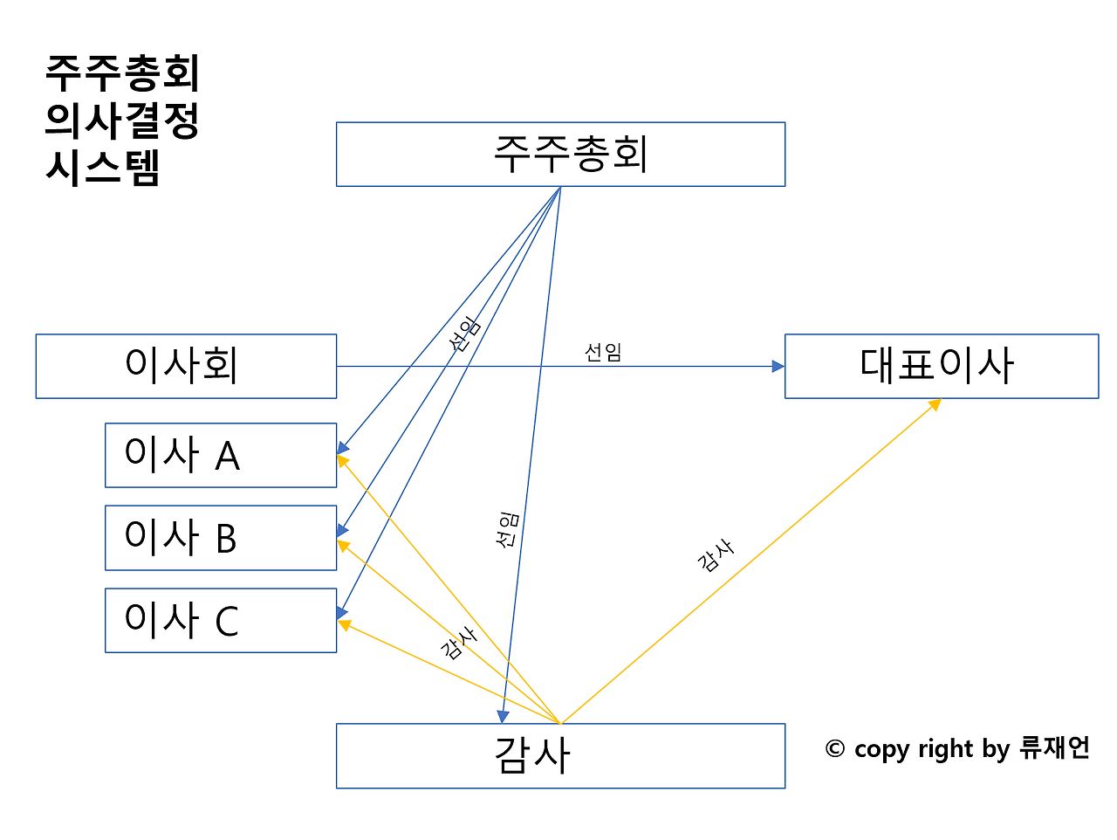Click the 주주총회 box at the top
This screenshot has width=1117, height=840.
[x=560, y=155]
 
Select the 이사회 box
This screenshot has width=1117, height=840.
[x=186, y=366]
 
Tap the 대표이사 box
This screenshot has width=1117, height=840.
[x=941, y=366]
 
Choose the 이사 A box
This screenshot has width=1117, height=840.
[x=220, y=455]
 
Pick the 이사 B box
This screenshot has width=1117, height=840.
[x=220, y=538]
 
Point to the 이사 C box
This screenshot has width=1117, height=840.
[x=220, y=620]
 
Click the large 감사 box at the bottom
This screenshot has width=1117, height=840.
[x=560, y=755]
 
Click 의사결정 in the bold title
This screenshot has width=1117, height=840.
[x=122, y=120]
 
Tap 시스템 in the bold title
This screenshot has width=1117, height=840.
[x=103, y=168]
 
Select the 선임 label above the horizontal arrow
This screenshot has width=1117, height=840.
[x=602, y=352]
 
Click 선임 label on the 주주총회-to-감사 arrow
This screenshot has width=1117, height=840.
[x=507, y=530]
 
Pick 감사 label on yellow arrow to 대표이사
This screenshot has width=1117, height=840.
[x=716, y=555]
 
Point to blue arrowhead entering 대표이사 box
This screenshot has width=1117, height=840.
[x=778, y=367]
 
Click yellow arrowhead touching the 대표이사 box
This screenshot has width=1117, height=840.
[x=935, y=404]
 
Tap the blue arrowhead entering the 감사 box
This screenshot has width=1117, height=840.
[x=503, y=716]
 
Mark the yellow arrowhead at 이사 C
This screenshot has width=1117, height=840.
[x=344, y=624]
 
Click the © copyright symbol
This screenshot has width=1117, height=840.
[x=835, y=749]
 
